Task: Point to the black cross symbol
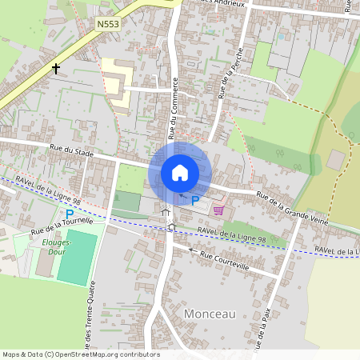[57, 69]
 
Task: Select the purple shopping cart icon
[218, 210]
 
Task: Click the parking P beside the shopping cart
[194, 199]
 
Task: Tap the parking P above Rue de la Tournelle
[70, 214]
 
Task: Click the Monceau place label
[210, 314]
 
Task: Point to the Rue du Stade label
[70, 150]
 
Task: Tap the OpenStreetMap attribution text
[80, 354]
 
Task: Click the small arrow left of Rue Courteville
[191, 250]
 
